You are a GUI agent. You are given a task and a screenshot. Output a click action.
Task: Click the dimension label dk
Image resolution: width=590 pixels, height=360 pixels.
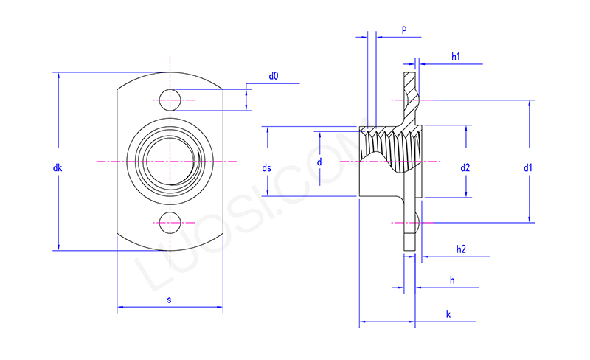coord(58,168)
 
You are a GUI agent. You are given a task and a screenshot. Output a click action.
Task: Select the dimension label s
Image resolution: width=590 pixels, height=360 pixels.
coord(170,300)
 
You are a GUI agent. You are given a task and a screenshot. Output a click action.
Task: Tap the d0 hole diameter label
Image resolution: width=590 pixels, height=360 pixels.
coord(274,76)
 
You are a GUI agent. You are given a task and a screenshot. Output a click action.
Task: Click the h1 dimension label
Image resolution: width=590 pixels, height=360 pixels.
coord(456,56)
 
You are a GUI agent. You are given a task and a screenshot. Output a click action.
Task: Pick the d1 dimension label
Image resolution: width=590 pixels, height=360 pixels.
coord(528,168)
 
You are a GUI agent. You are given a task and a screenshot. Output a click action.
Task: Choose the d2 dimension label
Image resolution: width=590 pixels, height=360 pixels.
coord(465,168)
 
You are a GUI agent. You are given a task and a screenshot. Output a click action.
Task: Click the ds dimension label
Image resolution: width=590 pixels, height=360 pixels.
coord(267,168)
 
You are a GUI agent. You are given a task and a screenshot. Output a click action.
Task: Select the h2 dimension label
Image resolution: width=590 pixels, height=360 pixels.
coord(461,249)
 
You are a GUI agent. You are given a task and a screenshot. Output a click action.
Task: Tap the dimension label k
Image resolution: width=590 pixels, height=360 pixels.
coord(448,315)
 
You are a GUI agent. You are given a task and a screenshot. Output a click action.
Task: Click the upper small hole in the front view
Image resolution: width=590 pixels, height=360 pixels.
coord(170,100)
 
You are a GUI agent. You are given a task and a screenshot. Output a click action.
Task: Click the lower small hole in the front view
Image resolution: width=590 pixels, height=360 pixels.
coord(170,221)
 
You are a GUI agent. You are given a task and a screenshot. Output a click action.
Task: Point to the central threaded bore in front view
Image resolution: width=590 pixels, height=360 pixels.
coord(170,161)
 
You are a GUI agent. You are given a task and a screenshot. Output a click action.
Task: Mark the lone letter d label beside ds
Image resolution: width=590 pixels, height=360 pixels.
coord(319,162)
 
